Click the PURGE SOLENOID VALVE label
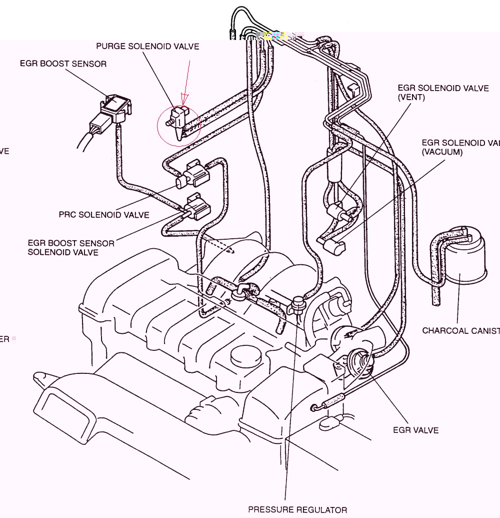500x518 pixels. (147, 47)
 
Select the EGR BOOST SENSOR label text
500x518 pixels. (63, 64)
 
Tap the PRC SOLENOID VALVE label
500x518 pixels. (104, 215)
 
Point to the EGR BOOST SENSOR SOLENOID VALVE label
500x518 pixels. (70, 248)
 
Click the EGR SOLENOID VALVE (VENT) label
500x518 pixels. (443, 93)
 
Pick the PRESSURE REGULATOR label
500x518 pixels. (297, 510)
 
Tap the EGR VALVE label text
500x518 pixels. (415, 430)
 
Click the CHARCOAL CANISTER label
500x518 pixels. (460, 330)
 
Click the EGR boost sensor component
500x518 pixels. (116, 108)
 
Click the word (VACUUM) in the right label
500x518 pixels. (442, 152)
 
